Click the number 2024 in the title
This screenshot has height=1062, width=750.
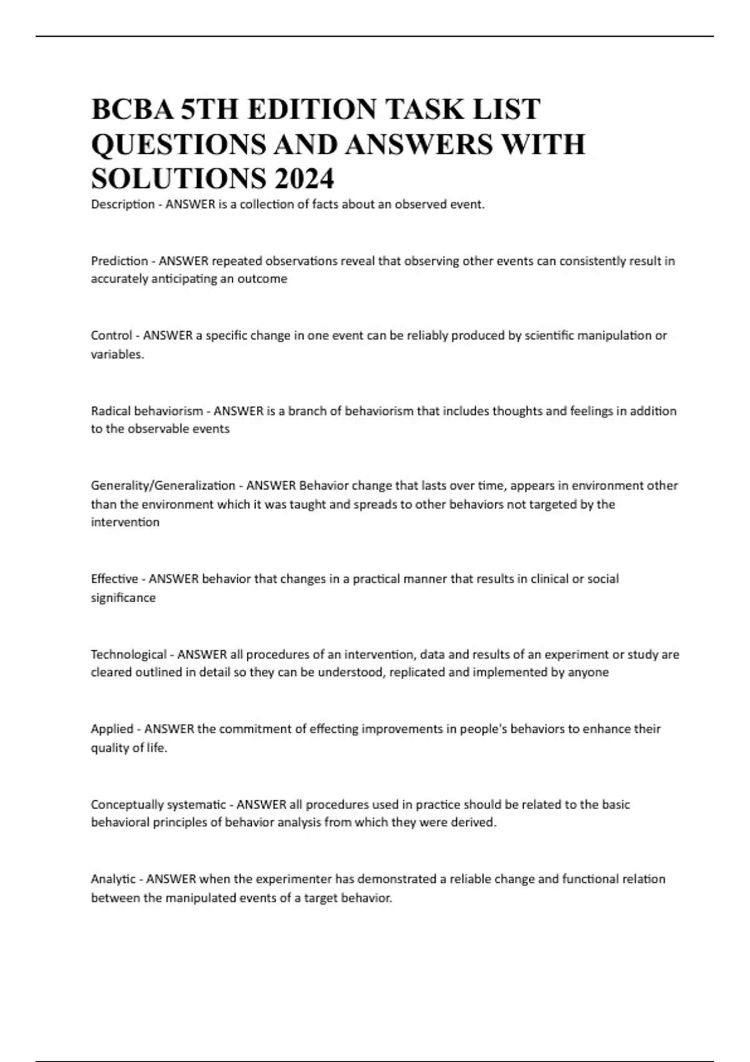(303, 179)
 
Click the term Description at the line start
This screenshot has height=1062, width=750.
(122, 204)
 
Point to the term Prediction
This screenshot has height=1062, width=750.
(119, 261)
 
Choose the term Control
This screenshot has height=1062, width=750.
(111, 335)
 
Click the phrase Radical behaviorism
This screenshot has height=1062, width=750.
(147, 411)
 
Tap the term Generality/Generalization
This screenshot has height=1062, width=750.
(163, 485)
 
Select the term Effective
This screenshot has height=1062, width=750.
(114, 579)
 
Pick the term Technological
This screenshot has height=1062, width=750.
(129, 655)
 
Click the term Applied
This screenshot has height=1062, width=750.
(112, 729)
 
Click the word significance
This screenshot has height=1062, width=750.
(123, 598)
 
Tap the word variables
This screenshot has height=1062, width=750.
(117, 354)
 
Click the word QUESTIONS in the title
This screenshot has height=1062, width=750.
(178, 144)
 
